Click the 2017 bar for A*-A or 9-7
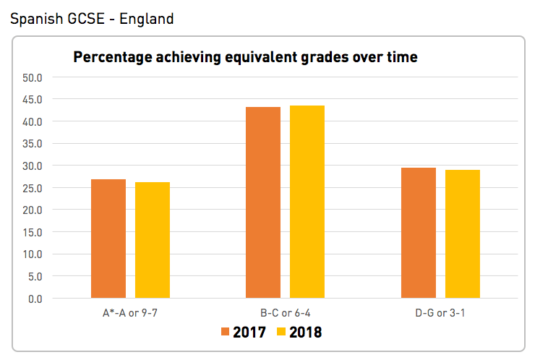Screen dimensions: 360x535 (x=108, y=239)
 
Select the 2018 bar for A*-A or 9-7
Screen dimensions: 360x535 (x=153, y=240)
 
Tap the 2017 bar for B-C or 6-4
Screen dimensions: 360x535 (x=263, y=202)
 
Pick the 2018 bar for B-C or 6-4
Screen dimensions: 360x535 (x=307, y=202)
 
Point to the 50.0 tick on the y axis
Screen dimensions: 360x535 (x=33, y=77)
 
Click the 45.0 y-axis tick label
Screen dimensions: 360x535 (x=33, y=99)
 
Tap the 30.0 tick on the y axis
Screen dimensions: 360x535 (x=33, y=166)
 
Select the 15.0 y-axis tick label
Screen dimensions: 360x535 (x=33, y=232)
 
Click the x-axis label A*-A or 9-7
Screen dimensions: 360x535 (x=130, y=312)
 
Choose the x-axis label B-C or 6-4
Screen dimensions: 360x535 (x=286, y=312)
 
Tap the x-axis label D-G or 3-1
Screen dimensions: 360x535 (x=441, y=312)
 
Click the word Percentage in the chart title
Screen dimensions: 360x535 (x=113, y=56)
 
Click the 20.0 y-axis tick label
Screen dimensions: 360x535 (x=33, y=210)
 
